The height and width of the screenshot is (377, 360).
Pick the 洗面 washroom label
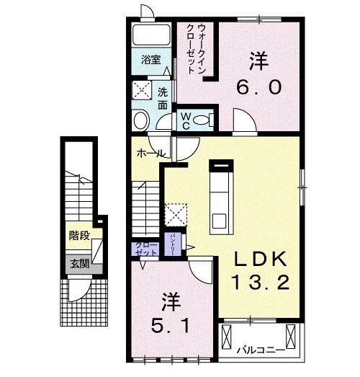[163, 99]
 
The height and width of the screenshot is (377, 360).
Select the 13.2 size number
[261, 282]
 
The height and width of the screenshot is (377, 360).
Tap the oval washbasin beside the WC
[141, 119]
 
